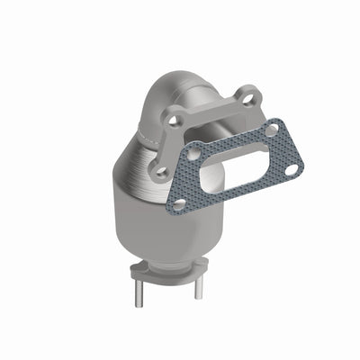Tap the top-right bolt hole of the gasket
coord(272,130)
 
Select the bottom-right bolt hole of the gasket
coord(291,168)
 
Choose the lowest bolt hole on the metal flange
coord(161,169)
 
